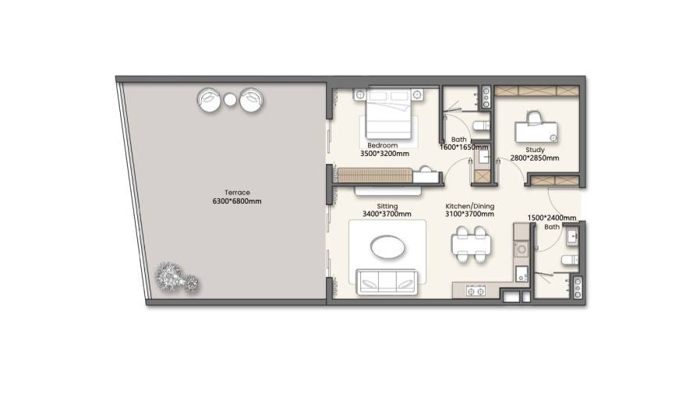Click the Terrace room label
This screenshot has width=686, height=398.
pyautogui.click(x=237, y=192)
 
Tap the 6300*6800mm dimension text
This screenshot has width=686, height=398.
pyautogui.click(x=237, y=201)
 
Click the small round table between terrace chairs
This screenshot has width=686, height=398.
pyautogui.click(x=230, y=100)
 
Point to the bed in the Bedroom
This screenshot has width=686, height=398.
pyautogui.click(x=388, y=114)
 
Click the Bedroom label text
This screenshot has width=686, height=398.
pyautogui.click(x=383, y=145)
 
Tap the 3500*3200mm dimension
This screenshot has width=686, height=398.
pyautogui.click(x=384, y=154)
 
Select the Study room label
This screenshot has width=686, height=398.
pyautogui.click(x=535, y=150)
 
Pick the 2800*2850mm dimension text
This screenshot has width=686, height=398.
pyautogui.click(x=535, y=158)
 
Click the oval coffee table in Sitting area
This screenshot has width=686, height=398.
pyautogui.click(x=387, y=247)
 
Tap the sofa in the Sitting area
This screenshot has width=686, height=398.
pyautogui.click(x=387, y=282)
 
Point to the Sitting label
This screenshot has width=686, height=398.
pyautogui.click(x=387, y=206)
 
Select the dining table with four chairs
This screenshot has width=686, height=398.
pyautogui.click(x=471, y=244)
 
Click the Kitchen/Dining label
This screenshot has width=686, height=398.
pyautogui.click(x=470, y=206)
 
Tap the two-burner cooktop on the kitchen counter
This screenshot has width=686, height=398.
pyautogui.click(x=476, y=291)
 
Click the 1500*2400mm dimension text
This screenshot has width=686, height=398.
pyautogui.click(x=552, y=218)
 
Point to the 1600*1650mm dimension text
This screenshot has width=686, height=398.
pyautogui.click(x=464, y=147)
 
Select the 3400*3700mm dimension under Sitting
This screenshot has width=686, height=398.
pyautogui.click(x=387, y=214)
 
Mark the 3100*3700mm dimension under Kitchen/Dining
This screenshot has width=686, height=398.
pyautogui.click(x=469, y=214)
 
